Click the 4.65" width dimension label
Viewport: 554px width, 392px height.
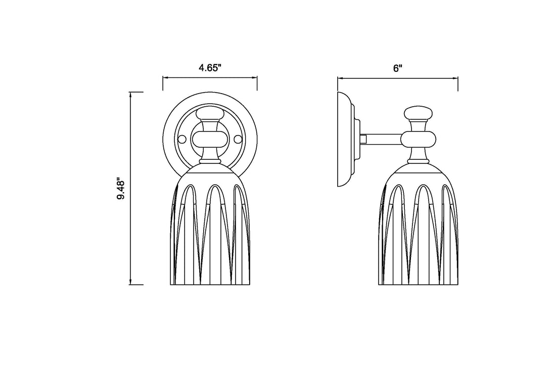pyautogui.click(x=210, y=68)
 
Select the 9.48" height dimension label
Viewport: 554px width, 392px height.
pyautogui.click(x=121, y=190)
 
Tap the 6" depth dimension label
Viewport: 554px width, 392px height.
pyautogui.click(x=398, y=68)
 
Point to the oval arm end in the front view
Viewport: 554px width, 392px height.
pyautogui.click(x=210, y=140)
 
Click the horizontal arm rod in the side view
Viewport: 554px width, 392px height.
pyautogui.click(x=384, y=139)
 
